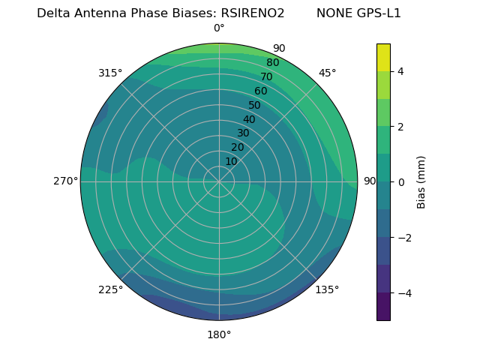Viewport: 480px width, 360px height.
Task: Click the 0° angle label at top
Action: (219, 28)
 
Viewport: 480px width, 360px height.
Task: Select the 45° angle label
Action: (328, 73)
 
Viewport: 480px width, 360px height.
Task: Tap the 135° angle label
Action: (327, 289)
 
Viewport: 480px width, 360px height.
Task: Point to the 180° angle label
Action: (219, 334)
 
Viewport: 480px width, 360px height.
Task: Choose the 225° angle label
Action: (110, 289)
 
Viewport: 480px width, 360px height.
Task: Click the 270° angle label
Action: (65, 181)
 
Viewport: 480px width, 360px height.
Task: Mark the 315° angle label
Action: (110, 73)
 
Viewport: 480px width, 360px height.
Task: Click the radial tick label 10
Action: (231, 161)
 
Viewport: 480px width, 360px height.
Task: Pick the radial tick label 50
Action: (255, 106)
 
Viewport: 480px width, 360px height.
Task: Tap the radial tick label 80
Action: (272, 63)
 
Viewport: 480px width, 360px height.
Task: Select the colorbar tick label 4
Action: (400, 71)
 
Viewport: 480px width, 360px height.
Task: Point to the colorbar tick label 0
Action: (400, 182)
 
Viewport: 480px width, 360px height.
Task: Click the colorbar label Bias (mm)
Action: (421, 181)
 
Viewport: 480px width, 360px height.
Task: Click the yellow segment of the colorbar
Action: (383, 58)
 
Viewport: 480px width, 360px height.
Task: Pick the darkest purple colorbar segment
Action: (383, 306)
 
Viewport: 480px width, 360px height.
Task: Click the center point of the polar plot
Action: (219, 181)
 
